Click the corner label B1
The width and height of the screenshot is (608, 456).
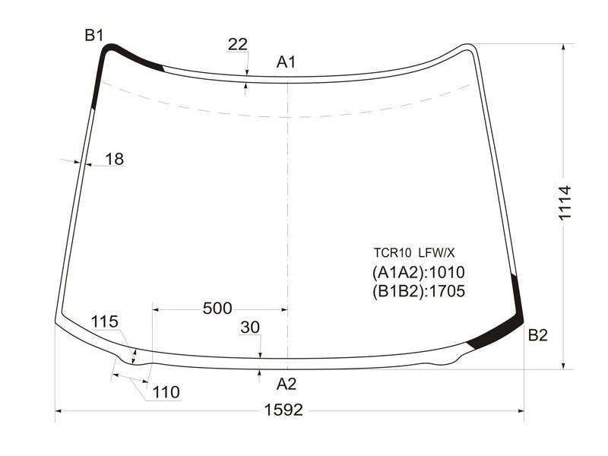(94, 36)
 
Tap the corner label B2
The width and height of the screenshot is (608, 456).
(538, 335)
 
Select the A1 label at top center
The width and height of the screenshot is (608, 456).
(287, 62)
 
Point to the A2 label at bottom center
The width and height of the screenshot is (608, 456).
(287, 384)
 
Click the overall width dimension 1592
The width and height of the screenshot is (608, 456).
(283, 410)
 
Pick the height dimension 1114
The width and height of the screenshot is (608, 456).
(565, 203)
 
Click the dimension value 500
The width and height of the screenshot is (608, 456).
(217, 309)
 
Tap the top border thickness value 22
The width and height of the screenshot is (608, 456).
(237, 45)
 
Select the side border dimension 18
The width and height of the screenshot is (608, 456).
(115, 159)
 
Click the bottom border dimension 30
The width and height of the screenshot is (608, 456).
(250, 328)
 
